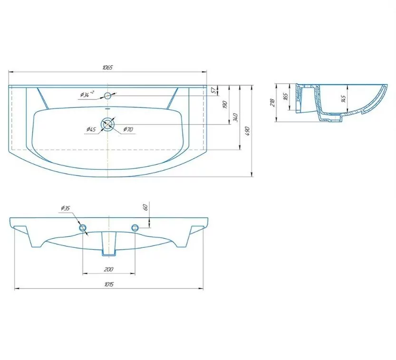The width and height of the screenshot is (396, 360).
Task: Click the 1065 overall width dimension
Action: click(x=107, y=68)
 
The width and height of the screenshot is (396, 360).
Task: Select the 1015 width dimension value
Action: click(x=109, y=284)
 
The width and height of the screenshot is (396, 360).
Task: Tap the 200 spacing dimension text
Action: click(x=108, y=269)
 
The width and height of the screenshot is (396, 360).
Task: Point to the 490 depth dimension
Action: click(x=247, y=131)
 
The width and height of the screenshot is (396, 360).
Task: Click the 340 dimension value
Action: click(x=235, y=117)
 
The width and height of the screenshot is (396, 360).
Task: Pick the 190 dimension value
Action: click(x=225, y=105)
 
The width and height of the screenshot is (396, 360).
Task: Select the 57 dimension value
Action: click(x=214, y=90)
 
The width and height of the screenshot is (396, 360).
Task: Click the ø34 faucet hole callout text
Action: click(x=87, y=94)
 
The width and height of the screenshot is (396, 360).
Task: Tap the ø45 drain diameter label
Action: click(x=91, y=129)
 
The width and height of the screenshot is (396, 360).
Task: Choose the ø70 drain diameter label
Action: click(x=128, y=129)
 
